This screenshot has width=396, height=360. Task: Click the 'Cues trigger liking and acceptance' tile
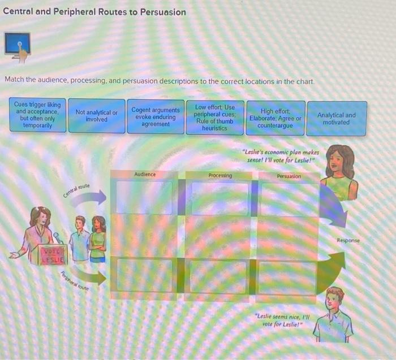click(x=38, y=115)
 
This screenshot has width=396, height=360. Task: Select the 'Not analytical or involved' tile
click(x=97, y=116)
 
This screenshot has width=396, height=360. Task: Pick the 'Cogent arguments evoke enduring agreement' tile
click(x=156, y=116)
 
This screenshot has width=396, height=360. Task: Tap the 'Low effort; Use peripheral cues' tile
click(x=215, y=118)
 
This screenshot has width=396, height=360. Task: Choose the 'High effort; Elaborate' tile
click(x=276, y=118)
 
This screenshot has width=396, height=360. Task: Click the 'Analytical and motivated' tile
click(x=337, y=119)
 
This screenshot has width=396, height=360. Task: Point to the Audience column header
click(x=145, y=175)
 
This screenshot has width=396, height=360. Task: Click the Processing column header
click(x=220, y=176)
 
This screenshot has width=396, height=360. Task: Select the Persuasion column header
click(x=289, y=176)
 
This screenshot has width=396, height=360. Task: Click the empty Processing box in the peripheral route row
click(x=218, y=276)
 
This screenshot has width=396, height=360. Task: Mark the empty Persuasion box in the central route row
click(x=289, y=199)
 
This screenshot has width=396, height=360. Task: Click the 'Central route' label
click(x=76, y=190)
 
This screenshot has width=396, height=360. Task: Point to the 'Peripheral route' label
click(x=75, y=280)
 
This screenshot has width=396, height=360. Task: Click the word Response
click(x=348, y=240)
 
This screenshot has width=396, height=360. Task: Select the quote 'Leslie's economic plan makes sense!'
click(x=281, y=155)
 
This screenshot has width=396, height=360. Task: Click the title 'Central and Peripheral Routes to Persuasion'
click(x=94, y=12)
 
